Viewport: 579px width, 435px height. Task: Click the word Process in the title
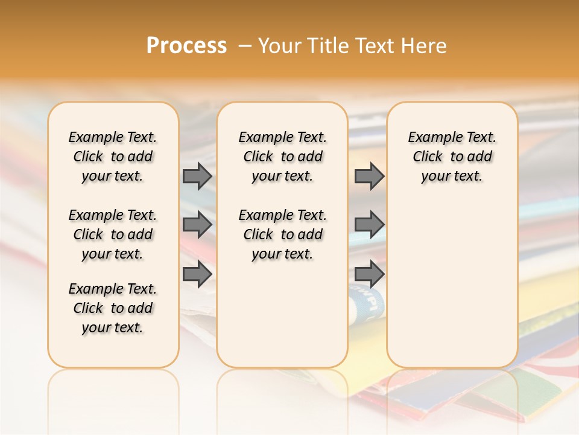coord(186,45)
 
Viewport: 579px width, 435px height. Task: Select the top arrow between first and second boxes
coord(197,176)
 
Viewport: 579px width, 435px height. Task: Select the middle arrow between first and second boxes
coord(197,225)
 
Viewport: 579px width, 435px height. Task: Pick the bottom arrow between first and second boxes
coord(197,274)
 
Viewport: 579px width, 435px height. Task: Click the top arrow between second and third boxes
coord(369,176)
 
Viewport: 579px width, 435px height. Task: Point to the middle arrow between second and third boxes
coord(369,225)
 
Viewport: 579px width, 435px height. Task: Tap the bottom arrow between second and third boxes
coord(369,274)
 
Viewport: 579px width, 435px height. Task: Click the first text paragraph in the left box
coord(113,156)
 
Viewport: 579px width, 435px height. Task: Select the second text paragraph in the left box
coord(113,234)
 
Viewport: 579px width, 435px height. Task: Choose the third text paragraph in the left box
coord(113,308)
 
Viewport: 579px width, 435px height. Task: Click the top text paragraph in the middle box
coord(282,156)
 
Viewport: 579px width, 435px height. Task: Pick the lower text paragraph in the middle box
coord(282,234)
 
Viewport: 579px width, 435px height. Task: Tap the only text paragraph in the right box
coord(452,156)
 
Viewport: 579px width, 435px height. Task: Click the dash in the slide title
coord(244,46)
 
